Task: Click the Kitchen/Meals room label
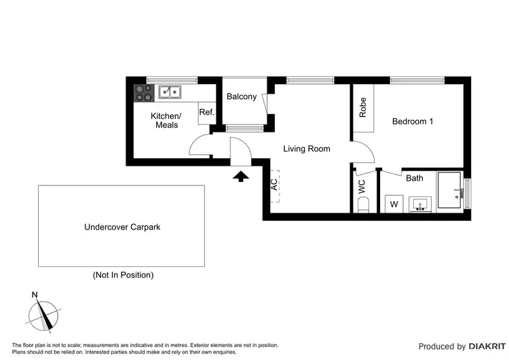point(164,120)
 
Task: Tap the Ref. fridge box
point(206,113)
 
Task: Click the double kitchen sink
point(170,91)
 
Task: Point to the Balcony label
point(242,96)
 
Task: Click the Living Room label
point(306,148)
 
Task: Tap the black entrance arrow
point(241,177)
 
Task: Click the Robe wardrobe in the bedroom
point(362,108)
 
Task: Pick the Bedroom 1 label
point(413,122)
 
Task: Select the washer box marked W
point(394,204)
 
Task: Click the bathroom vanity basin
point(421,204)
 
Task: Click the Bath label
point(414,179)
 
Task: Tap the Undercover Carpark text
point(121,227)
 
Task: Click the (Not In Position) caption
point(123,275)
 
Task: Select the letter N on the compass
point(34,295)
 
